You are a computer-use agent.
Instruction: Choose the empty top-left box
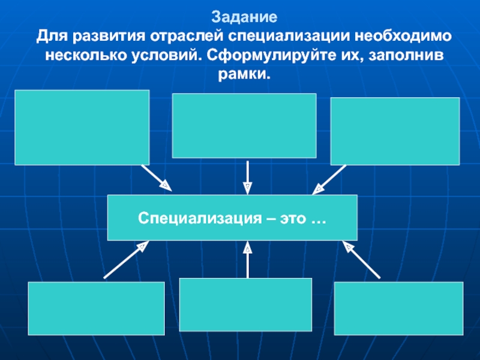tap(82, 127)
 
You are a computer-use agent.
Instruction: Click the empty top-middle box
tap(244, 125)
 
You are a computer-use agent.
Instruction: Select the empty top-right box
tap(395, 131)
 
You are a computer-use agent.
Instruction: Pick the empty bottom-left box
tap(96, 308)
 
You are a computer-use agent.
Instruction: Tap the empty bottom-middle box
tap(246, 305)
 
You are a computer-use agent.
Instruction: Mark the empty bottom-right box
tap(399, 308)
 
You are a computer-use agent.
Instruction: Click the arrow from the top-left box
tap(157, 178)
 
